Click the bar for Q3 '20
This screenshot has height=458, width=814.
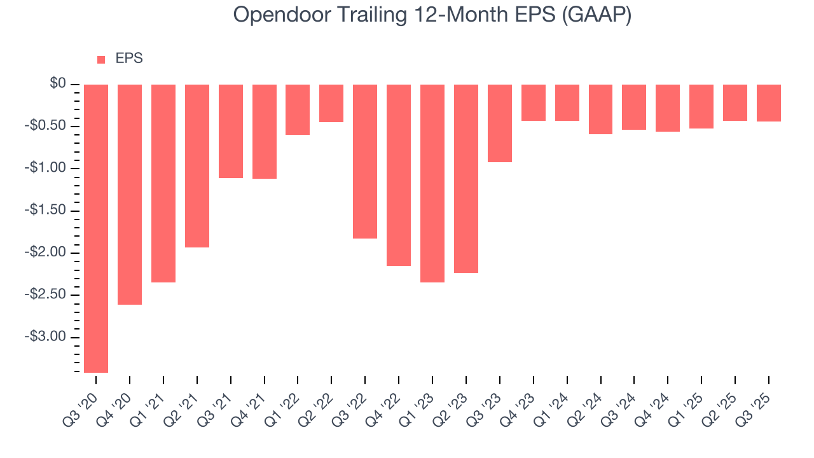[96, 228]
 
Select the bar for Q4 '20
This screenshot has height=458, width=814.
[130, 195]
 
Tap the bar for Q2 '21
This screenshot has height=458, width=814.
[197, 166]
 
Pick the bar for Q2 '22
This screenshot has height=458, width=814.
[331, 104]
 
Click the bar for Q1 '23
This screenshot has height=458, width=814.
[432, 183]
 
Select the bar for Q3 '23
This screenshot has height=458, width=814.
[500, 123]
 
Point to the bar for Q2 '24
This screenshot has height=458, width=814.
[600, 109]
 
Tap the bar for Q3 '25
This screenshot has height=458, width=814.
[769, 103]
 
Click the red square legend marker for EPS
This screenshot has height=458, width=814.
[101, 60]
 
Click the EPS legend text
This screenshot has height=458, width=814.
[129, 59]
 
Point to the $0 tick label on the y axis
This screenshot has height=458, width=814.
[59, 84]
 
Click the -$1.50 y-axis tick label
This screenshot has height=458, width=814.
[49, 211]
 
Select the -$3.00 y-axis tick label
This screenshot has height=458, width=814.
[49, 337]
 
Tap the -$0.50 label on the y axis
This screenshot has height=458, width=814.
[49, 126]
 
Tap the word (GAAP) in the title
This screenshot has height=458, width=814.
[597, 15]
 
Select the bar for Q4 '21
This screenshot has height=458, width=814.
[265, 132]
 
